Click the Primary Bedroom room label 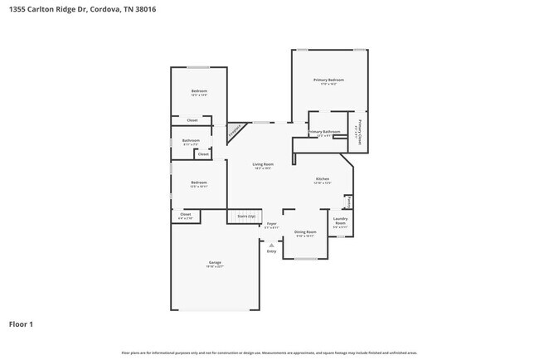coord(328,80)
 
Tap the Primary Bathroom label coord(324,132)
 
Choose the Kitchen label coord(322,179)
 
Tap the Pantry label coord(349,202)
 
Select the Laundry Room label coord(340,221)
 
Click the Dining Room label coord(305,232)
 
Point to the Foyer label coord(271,224)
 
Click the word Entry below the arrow coord(271,251)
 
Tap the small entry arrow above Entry coord(271,244)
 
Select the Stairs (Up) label coord(246,216)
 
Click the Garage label coord(215,263)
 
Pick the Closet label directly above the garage coord(185,215)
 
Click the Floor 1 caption coord(21,324)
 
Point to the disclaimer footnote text coord(269,353)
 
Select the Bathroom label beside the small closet coord(191,140)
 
